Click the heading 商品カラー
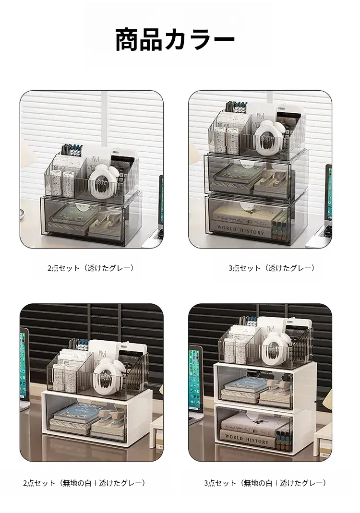[x=175, y=39]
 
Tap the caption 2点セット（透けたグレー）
[x=91, y=268]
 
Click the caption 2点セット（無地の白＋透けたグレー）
[x=84, y=483]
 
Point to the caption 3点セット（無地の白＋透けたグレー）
[x=265, y=483]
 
